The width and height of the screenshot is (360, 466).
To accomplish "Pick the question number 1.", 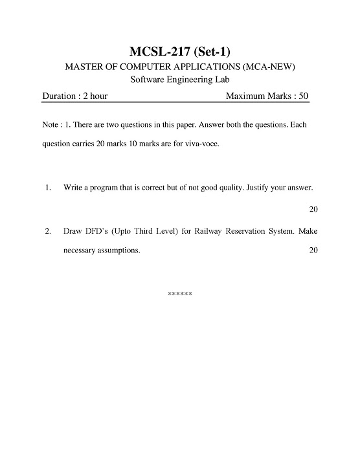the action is [x=49, y=188].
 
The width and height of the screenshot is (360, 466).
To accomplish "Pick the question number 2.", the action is [x=49, y=230].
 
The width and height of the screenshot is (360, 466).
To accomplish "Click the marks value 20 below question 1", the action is [x=313, y=209].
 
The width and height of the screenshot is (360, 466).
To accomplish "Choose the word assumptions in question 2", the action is [x=116, y=250].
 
